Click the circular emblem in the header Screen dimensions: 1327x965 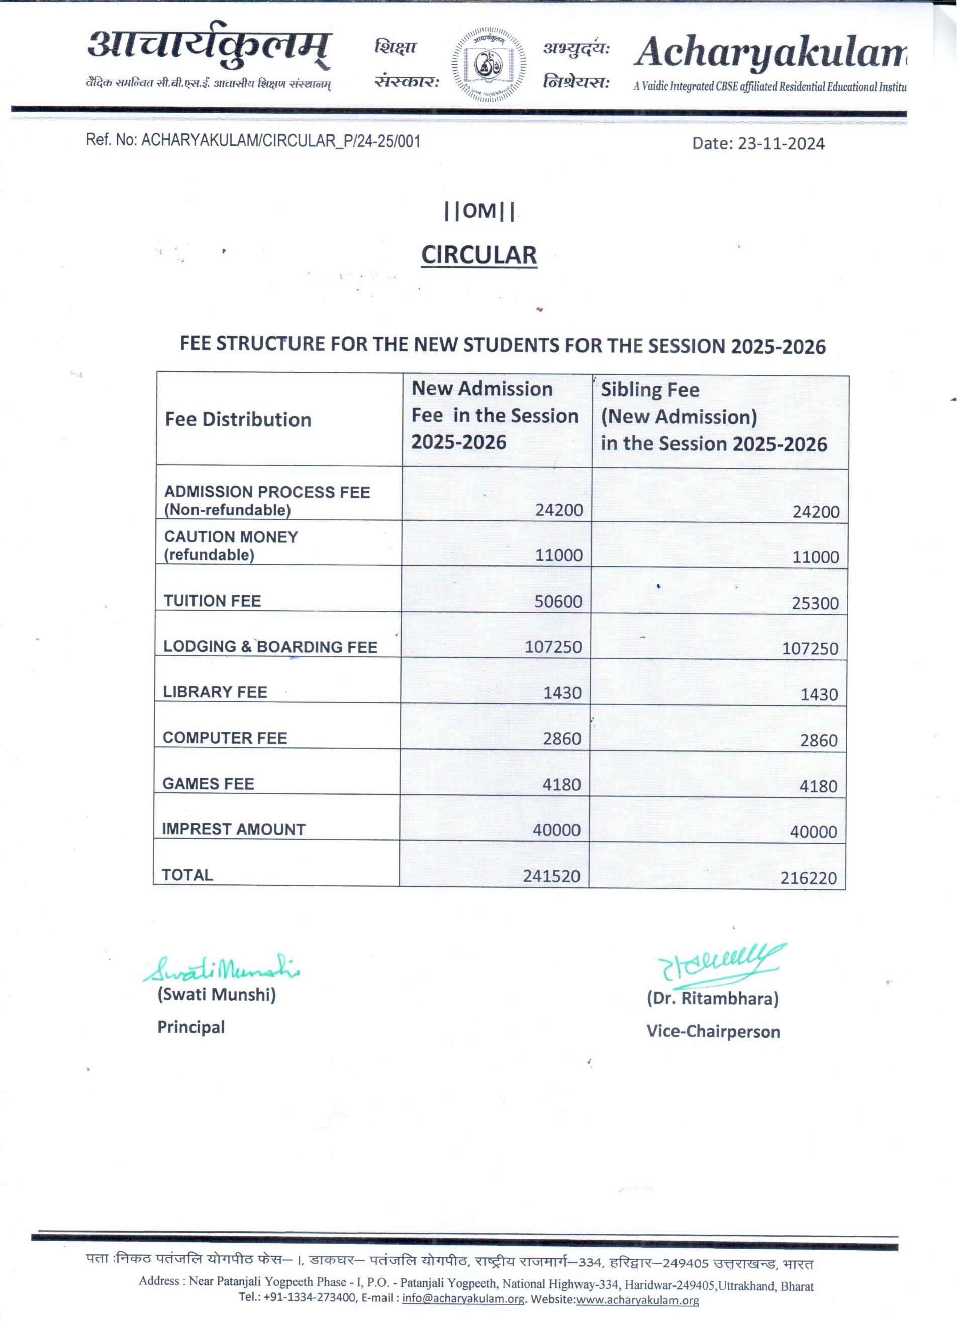pyautogui.click(x=489, y=64)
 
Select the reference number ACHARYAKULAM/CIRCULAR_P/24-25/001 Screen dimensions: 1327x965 pyautogui.click(x=280, y=141)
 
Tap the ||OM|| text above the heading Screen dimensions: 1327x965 pyautogui.click(x=479, y=211)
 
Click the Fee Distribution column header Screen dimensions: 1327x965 pyautogui.click(x=238, y=420)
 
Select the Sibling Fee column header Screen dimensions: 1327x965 pyautogui.click(x=713, y=417)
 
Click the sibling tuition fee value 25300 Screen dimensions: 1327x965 pyautogui.click(x=815, y=603)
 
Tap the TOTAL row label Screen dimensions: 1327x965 pyautogui.click(x=187, y=875)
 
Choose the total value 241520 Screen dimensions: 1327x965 pyautogui.click(x=551, y=876)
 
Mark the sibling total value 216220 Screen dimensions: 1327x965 pyautogui.click(x=808, y=878)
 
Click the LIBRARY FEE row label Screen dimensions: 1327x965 pyautogui.click(x=215, y=692)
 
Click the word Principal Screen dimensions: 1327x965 pyautogui.click(x=191, y=1027)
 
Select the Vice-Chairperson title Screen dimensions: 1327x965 pyautogui.click(x=713, y=1031)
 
